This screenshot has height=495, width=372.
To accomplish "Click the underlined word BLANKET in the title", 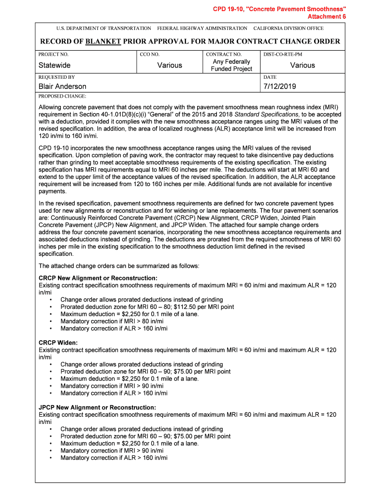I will point(102,42).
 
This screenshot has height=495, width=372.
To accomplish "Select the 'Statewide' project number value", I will point(55,65).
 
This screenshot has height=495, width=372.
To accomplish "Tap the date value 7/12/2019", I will point(280,87).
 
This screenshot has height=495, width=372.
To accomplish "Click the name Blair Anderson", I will point(62,87).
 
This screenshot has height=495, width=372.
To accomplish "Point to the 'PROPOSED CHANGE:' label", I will point(59,96).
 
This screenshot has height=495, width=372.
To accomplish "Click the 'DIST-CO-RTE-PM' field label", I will point(283,55).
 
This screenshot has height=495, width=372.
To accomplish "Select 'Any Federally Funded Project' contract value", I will point(231,65).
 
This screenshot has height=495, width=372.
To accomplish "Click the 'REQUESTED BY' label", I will point(57,77).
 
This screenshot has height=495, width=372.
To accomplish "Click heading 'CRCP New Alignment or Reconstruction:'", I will point(98,278).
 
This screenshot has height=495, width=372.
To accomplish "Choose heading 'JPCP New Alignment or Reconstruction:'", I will point(97,408).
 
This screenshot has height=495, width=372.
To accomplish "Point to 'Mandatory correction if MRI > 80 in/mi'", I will point(112,321).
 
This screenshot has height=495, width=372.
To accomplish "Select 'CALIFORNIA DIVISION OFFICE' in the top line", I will point(288,29).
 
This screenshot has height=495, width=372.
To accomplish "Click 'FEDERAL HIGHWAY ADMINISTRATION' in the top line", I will point(202,29).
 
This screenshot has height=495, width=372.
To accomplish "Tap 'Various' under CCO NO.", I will point(170,65).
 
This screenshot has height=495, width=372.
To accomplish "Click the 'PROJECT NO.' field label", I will point(54,55).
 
